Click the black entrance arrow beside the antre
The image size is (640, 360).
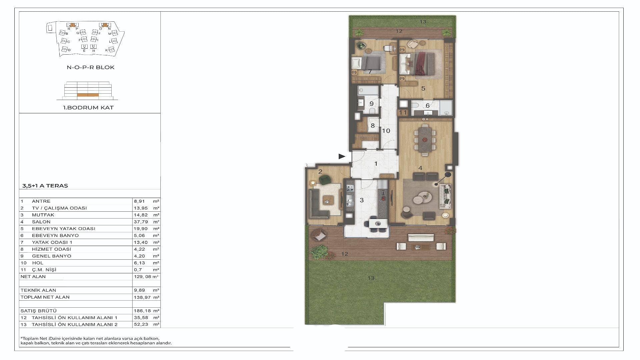click(342, 156)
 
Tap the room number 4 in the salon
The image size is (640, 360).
click(420, 168)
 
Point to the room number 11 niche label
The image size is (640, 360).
click(403, 113)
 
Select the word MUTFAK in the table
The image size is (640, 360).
click(43, 215)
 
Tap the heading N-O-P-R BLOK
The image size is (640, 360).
click(91, 67)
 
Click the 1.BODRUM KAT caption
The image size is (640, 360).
click(88, 108)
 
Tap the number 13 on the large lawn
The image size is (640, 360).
click(371, 278)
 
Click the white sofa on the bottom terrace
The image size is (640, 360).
click(421, 238)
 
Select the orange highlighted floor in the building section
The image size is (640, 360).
click(88, 95)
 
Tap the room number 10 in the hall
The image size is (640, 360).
click(386, 131)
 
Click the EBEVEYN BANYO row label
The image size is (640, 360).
click(55, 235)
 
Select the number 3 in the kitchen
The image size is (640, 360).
click(362, 200)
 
